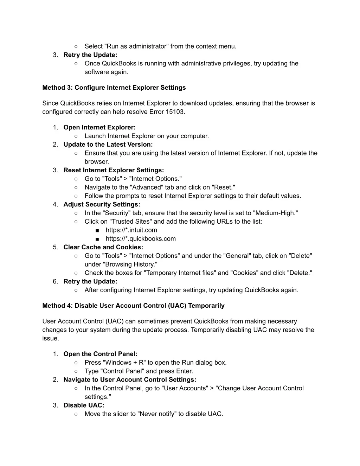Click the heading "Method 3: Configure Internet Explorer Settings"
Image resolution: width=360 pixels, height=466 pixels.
(114, 88)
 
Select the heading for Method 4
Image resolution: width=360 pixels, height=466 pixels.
(133, 306)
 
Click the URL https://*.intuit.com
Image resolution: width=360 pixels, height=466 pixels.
(131, 230)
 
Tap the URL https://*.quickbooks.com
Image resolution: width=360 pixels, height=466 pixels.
(141, 238)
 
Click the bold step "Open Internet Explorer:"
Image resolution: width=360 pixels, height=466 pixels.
(99, 127)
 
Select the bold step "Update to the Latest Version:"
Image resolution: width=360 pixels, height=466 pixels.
(108, 145)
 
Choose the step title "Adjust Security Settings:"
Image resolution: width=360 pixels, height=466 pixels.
(102, 204)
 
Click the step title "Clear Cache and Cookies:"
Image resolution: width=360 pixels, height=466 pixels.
(103, 247)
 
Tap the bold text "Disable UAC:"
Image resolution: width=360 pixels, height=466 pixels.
(84, 405)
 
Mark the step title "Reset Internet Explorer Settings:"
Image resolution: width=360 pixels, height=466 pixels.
(114, 170)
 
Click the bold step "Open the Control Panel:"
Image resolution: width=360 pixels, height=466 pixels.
(100, 354)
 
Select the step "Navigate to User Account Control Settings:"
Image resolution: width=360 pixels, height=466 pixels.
(130, 379)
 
